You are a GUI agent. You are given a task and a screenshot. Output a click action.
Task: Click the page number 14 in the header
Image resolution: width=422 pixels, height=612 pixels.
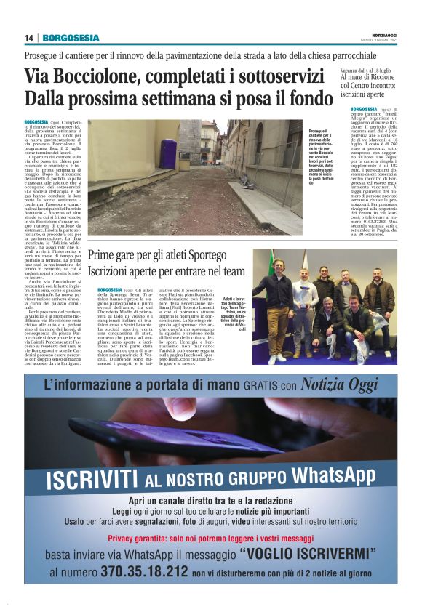click(x=28, y=39)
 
